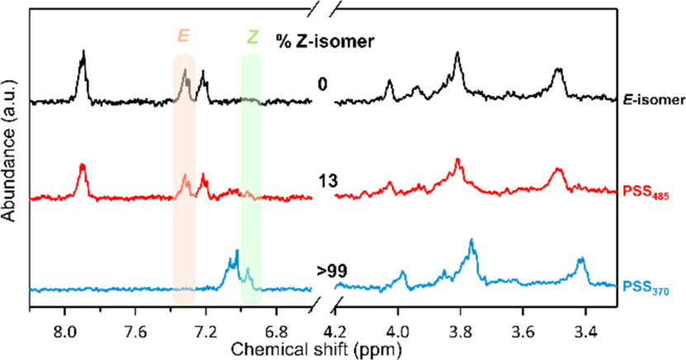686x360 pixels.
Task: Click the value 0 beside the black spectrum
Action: click(322, 84)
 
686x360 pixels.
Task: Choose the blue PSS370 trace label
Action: click(648, 290)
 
